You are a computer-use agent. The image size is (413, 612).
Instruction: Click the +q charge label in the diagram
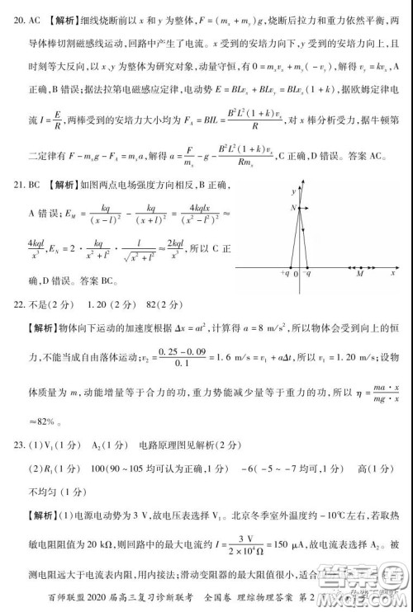pos(285,274)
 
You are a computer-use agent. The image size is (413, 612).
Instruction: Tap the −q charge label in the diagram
pos(307,274)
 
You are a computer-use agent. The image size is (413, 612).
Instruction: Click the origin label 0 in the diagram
pos(296,274)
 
